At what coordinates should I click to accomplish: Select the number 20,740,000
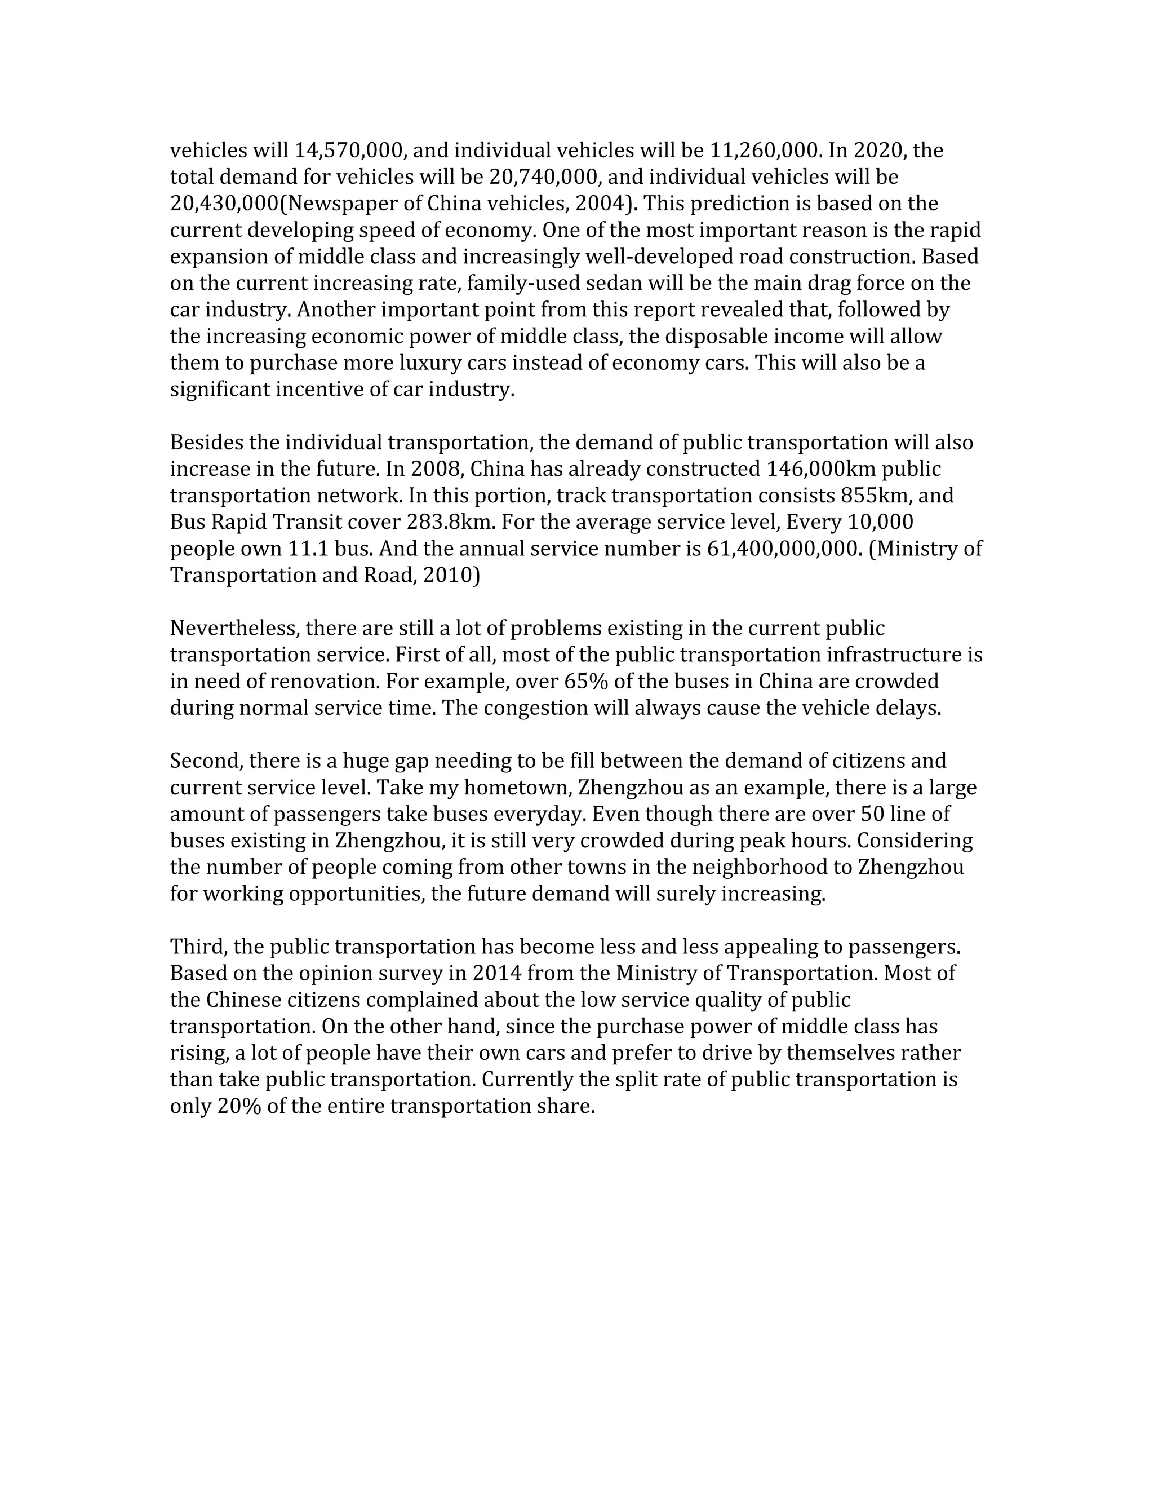(x=545, y=177)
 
